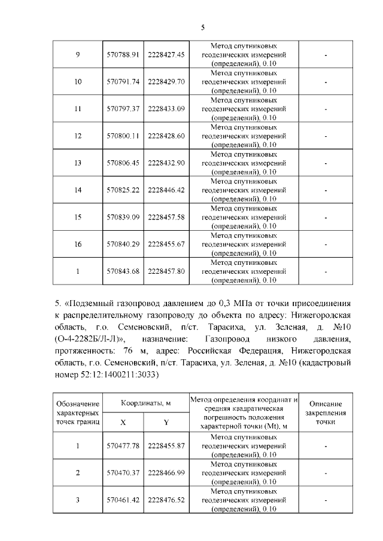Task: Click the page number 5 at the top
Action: [203, 27]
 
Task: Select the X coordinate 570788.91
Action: [123, 54]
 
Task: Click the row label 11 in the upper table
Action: [77, 109]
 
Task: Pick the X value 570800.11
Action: [123, 136]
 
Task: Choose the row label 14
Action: [77, 190]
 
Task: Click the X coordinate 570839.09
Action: [123, 217]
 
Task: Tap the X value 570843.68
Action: [123, 271]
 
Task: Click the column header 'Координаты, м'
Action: [146, 404]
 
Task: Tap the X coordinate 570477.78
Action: [123, 446]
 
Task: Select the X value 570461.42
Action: [123, 500]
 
